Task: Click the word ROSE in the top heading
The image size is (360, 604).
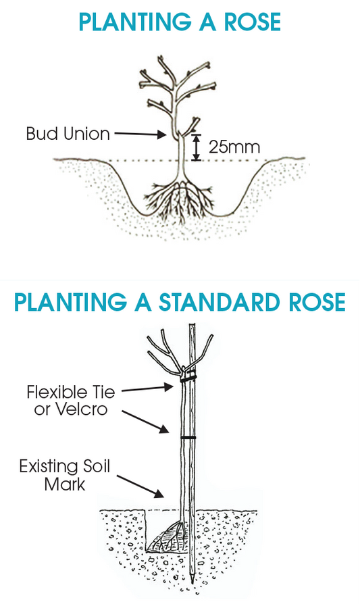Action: pyautogui.click(x=253, y=22)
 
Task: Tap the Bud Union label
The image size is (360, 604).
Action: pyautogui.click(x=68, y=134)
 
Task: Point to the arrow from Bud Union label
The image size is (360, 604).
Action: pyautogui.click(x=140, y=134)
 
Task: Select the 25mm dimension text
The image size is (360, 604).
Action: pyautogui.click(x=234, y=147)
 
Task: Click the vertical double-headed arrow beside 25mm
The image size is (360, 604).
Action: pyautogui.click(x=197, y=147)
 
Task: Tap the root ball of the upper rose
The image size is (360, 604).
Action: pyautogui.click(x=180, y=200)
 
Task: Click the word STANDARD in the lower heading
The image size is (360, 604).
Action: pyautogui.click(x=219, y=302)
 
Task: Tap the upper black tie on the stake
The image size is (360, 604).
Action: pyautogui.click(x=188, y=378)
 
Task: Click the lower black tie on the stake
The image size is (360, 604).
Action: pyautogui.click(x=188, y=438)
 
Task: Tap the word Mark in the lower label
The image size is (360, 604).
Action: pyautogui.click(x=65, y=484)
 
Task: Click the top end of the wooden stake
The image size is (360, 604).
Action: pyautogui.click(x=192, y=325)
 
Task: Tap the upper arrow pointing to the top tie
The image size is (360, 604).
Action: pyautogui.click(x=148, y=388)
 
